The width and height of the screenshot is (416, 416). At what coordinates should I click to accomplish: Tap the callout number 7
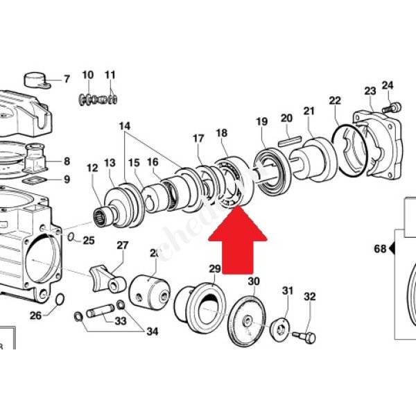[x=67, y=78]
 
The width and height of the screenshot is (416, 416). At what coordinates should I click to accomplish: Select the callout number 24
[x=387, y=86]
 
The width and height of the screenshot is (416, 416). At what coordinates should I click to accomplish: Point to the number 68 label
[x=379, y=248]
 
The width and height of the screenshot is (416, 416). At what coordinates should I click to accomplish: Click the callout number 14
[x=124, y=126]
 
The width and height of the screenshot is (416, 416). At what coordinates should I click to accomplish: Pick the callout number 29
[x=214, y=269]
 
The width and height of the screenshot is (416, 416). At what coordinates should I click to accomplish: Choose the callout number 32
[x=309, y=297]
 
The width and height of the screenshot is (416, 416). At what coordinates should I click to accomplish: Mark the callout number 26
[x=35, y=315]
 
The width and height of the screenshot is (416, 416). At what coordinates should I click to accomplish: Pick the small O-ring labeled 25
[x=72, y=239]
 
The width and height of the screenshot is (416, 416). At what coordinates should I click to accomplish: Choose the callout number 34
[x=152, y=332]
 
